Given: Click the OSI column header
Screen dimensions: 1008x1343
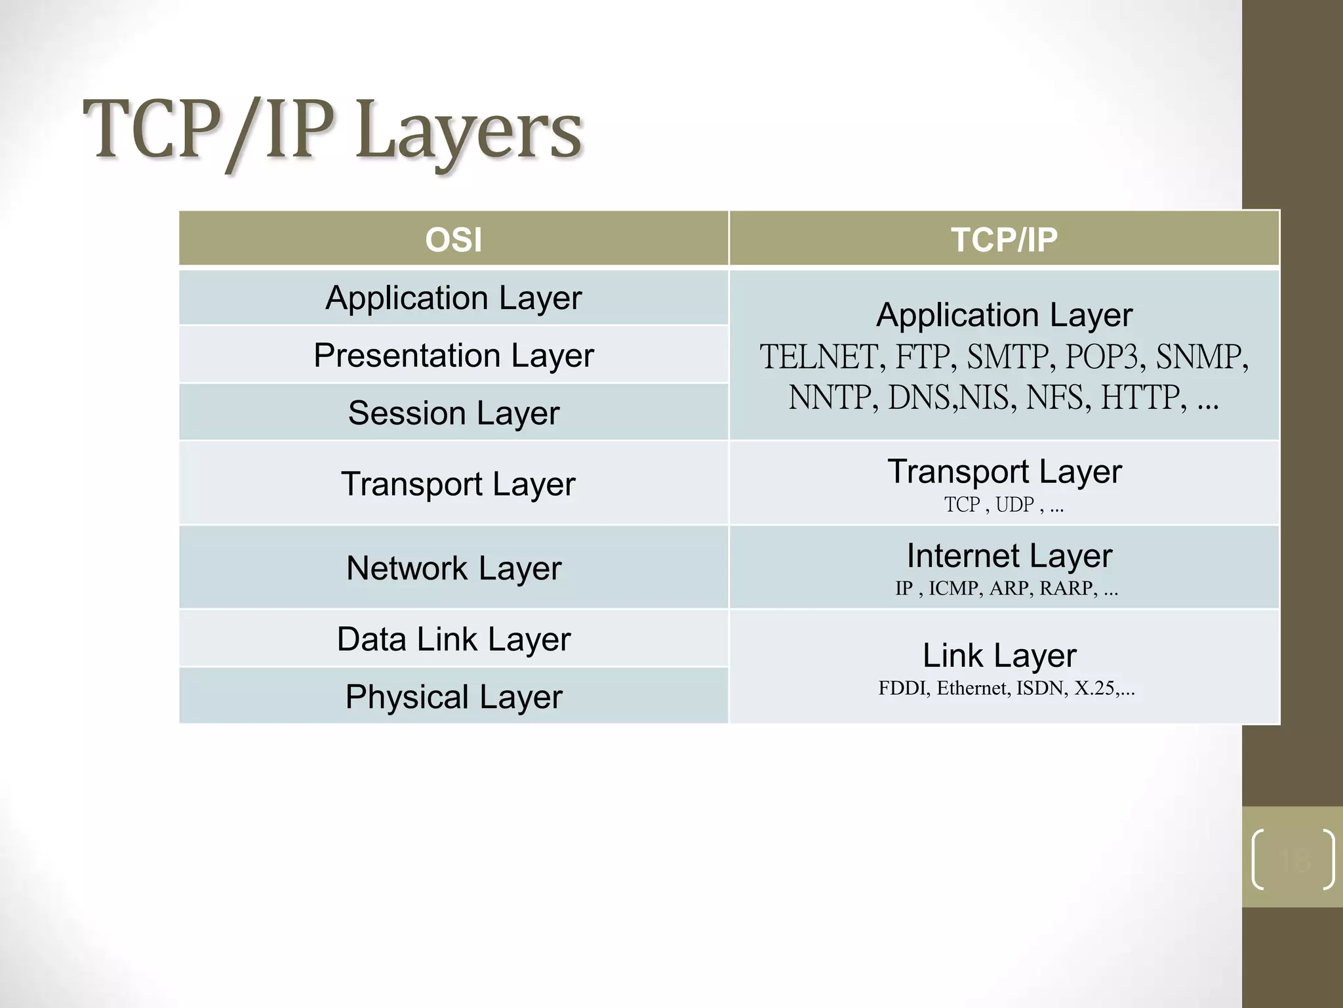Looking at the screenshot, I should point(453,240).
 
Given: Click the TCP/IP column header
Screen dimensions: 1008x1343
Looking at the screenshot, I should point(1004,240).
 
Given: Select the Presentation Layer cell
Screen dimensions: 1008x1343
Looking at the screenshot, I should point(453,355).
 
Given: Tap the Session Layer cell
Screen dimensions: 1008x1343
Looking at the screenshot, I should point(453,413).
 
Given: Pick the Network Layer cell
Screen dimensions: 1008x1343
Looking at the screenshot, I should point(453,568).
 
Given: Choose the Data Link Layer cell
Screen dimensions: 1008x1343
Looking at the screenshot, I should point(453,639).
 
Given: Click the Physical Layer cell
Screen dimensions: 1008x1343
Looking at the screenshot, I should point(453,696).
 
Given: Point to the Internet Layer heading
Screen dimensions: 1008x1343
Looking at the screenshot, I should point(1009,556).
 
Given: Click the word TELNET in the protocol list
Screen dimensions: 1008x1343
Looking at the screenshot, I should point(818,358).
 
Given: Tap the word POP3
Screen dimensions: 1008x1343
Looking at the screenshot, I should point(1101,358).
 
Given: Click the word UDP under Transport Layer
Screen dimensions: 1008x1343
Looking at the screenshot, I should point(1014,505).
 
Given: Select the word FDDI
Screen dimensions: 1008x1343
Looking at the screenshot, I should point(901,688).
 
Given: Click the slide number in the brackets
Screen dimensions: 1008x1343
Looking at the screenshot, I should point(1293,859).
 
